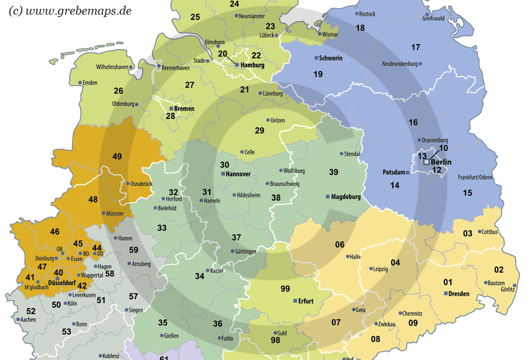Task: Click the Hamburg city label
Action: point(252,66)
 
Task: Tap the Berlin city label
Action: point(441,162)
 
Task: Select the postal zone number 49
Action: point(117,156)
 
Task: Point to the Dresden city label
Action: point(459,293)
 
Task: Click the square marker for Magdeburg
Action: point(327,197)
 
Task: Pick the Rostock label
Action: point(367,14)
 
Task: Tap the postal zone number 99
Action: point(285,289)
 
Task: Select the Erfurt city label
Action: point(306,301)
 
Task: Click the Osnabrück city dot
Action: point(128,184)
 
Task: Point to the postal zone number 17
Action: point(416,47)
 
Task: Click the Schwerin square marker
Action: point(317,58)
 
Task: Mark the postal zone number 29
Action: point(259,130)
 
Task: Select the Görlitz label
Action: point(508,289)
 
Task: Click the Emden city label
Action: point(90,83)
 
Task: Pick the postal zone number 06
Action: point(340,245)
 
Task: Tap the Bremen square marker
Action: point(171,109)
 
